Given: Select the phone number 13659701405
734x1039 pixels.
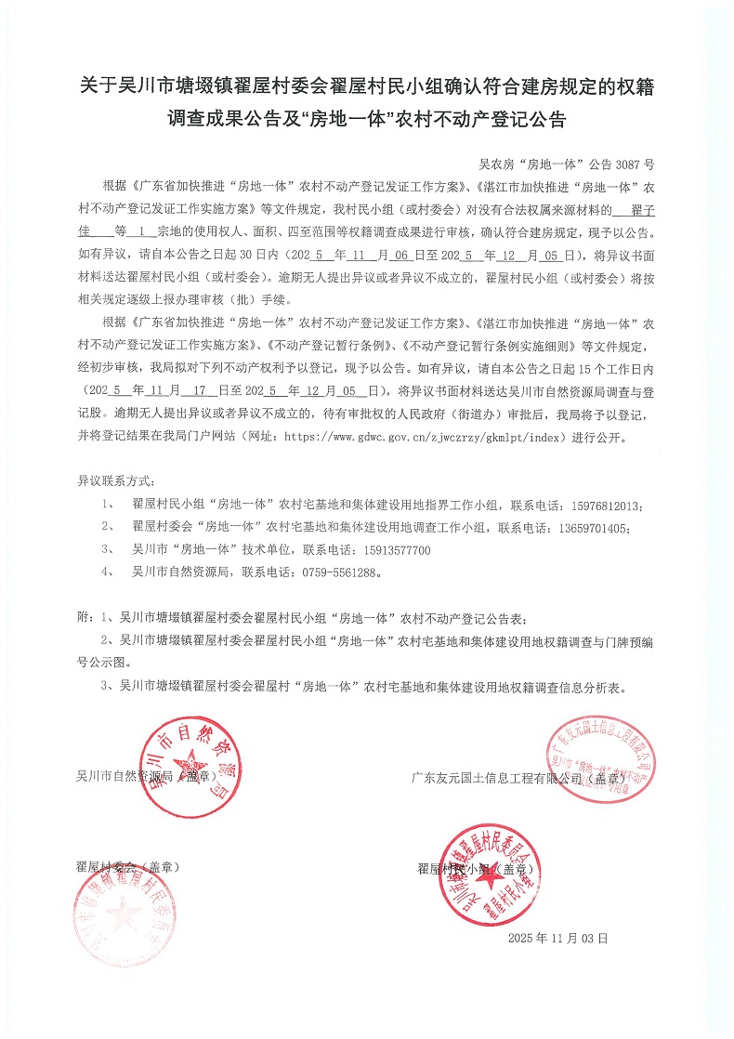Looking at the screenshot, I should [x=591, y=529].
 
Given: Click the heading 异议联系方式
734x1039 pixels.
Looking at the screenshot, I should [x=116, y=484].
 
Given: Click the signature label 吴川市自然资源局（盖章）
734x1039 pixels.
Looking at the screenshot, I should [x=147, y=774].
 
